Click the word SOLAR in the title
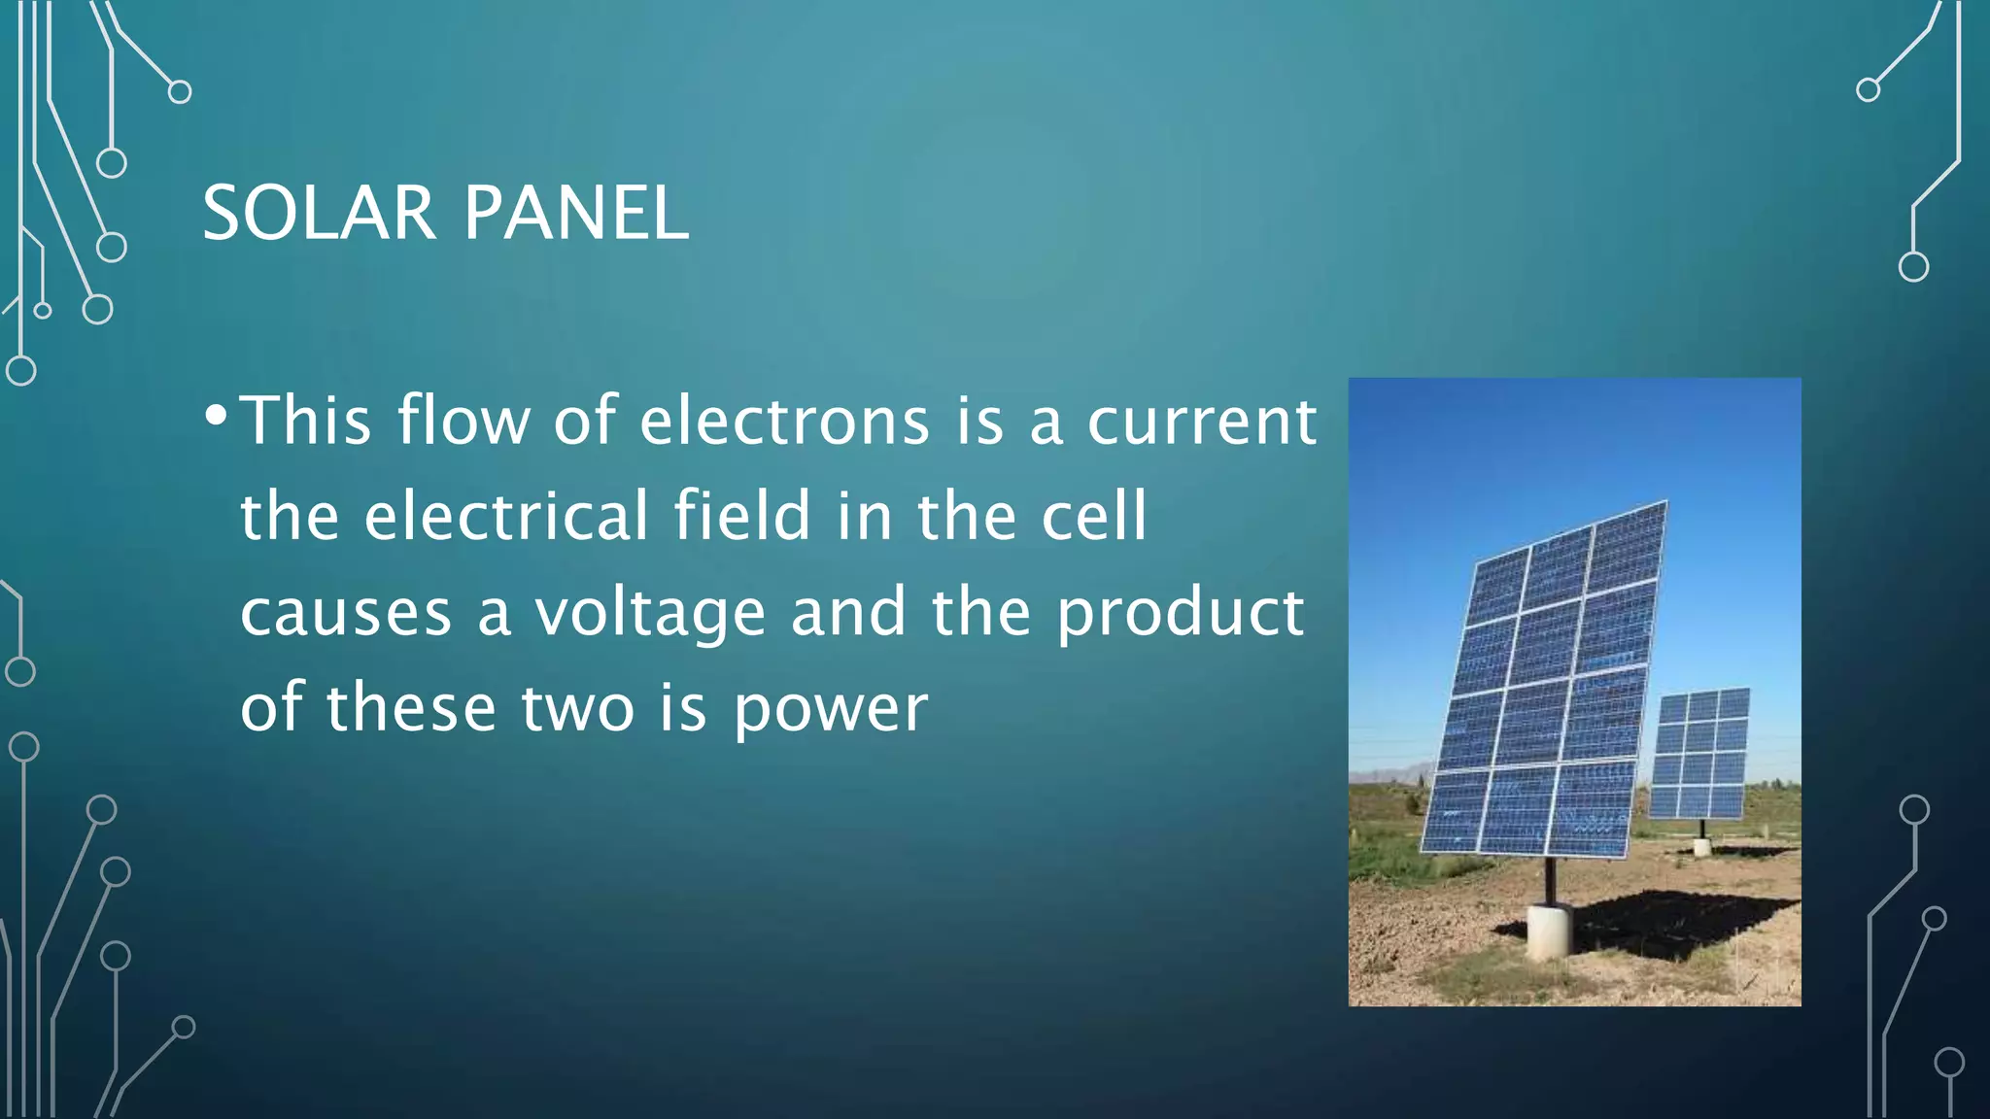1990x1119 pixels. point(319,213)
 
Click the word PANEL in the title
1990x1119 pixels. point(576,213)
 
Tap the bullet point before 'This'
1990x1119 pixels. point(217,417)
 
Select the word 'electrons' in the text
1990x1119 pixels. point(784,422)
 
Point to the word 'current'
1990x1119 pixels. point(1201,422)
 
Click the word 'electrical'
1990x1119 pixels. point(505,516)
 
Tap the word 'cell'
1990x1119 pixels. point(1094,516)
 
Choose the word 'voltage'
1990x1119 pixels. point(650,615)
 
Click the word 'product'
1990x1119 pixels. point(1180,615)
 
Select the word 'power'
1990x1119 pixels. point(831,710)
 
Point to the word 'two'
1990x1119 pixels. point(578,708)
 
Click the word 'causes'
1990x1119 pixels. point(346,615)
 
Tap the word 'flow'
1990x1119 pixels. point(463,422)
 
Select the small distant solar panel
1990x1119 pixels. point(1700,753)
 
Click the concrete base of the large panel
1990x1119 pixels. point(1549,930)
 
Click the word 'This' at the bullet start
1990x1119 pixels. point(305,422)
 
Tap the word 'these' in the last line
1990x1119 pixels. point(411,708)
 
